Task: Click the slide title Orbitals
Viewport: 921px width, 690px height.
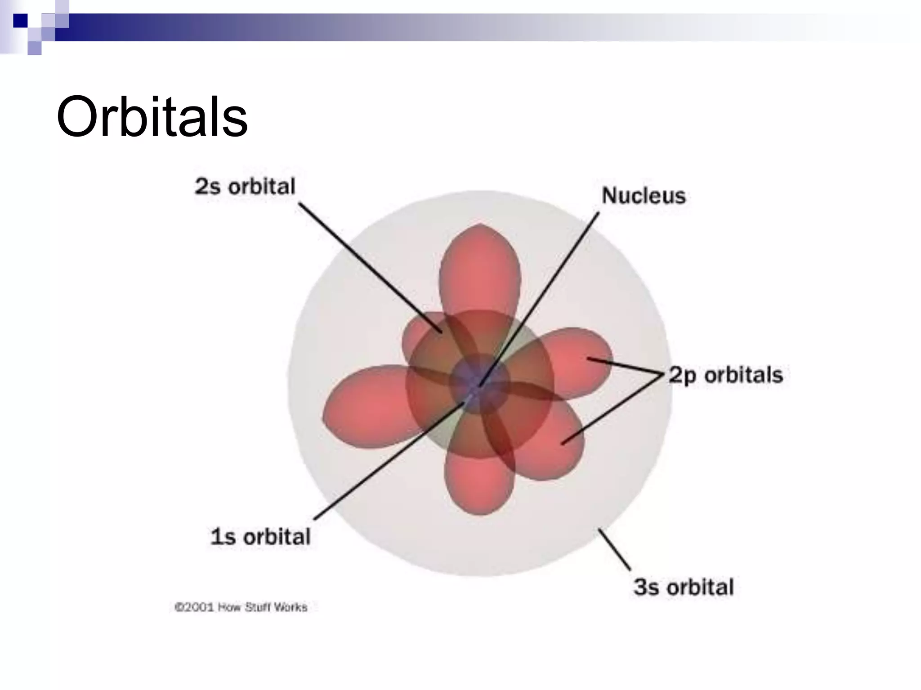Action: coord(152,117)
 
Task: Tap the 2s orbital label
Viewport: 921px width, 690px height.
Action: coord(245,186)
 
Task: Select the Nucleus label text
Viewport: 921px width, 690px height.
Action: coord(644,196)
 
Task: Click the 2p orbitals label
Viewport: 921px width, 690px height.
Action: coord(725,375)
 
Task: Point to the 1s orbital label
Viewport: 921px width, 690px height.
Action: coord(260,536)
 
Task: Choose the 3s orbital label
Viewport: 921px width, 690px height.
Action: coord(684,587)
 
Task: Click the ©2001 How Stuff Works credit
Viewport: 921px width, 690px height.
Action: coord(241,607)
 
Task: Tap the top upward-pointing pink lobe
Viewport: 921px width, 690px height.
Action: coord(480,270)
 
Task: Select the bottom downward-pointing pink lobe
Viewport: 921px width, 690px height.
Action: coord(479,485)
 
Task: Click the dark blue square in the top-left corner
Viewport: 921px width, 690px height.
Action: coord(20,20)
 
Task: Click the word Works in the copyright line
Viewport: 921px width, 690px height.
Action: coord(291,607)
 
